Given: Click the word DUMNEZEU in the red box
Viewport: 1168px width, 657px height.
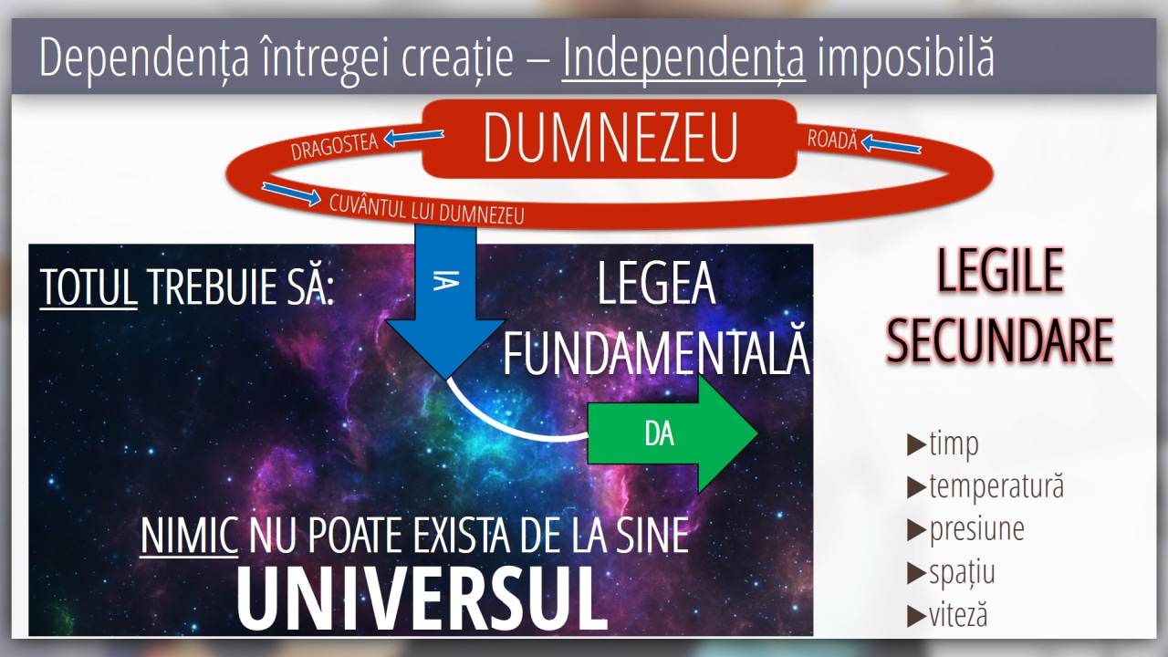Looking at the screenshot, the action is tap(610, 137).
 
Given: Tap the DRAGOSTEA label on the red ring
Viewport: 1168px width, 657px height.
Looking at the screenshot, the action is tap(334, 146).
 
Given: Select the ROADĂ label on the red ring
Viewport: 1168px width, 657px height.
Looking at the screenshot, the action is tap(832, 139).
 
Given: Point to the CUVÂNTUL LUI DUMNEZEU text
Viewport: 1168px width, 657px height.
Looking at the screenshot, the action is tap(426, 210).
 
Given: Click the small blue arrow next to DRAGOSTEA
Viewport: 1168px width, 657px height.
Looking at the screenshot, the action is tap(414, 138).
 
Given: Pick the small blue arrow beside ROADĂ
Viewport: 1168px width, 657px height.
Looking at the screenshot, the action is tap(892, 144).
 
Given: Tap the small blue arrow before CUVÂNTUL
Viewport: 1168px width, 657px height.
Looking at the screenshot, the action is tap(291, 193).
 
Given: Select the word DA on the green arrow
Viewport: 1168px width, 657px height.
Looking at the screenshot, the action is tap(659, 433).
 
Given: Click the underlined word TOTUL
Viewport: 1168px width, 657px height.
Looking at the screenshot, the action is tap(89, 287).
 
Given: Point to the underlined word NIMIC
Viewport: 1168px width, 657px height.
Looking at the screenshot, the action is tap(189, 535).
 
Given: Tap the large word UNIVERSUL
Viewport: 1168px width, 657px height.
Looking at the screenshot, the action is tap(422, 598).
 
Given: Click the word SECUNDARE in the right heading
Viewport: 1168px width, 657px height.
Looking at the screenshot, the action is tap(1000, 340).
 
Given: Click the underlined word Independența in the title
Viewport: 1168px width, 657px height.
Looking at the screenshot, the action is tap(683, 57).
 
